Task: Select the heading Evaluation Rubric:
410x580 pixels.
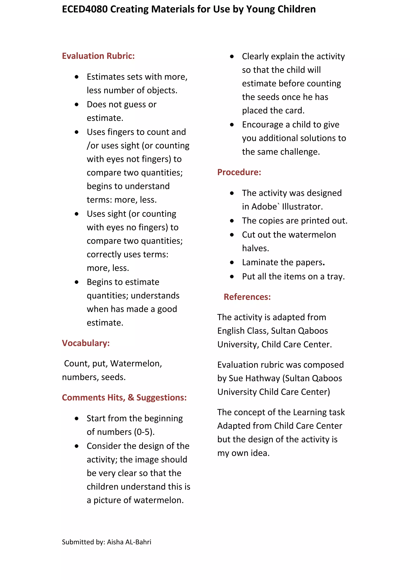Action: point(98,56)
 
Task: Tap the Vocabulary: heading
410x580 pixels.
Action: point(86,343)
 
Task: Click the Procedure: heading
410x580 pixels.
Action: point(239,172)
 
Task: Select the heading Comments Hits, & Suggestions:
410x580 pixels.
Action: point(124,397)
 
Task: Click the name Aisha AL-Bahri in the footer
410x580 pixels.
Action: point(129,542)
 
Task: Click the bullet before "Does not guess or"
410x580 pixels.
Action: point(77,104)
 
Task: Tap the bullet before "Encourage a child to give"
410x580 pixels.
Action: point(232,125)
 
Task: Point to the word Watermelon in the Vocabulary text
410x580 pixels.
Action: point(136,364)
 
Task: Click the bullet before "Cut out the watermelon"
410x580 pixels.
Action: point(232,235)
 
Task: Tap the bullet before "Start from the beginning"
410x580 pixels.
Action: point(77,419)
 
